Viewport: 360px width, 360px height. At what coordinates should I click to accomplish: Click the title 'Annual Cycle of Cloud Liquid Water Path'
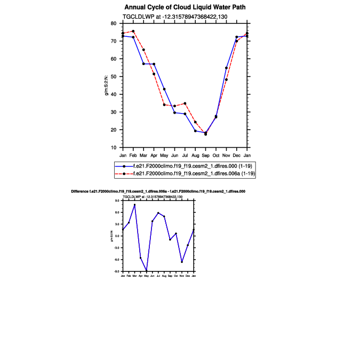[186, 7]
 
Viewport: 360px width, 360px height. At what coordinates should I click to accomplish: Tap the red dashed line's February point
[133, 31]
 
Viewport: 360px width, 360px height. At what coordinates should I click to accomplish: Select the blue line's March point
[143, 64]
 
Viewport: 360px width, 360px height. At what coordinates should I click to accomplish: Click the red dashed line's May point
[164, 105]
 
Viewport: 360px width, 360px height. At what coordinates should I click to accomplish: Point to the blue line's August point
[195, 131]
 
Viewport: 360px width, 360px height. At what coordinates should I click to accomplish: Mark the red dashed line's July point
[185, 103]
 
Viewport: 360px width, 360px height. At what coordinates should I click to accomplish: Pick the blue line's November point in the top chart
[227, 68]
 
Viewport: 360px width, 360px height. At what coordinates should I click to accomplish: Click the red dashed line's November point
[227, 79]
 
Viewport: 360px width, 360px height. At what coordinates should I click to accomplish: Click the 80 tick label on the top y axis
[113, 23]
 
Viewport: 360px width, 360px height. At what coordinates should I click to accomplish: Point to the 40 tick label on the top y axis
[113, 94]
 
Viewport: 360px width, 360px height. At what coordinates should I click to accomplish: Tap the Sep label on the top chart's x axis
[206, 155]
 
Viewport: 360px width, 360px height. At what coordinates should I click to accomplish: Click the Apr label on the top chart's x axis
[154, 155]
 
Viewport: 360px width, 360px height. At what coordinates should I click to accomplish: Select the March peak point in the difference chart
[134, 205]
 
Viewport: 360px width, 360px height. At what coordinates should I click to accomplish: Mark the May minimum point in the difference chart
[146, 271]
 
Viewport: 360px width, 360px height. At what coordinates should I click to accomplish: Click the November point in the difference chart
[182, 262]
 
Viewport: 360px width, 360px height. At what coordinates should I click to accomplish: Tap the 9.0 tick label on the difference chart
[117, 201]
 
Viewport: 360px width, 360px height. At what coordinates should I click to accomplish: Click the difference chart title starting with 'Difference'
[158, 191]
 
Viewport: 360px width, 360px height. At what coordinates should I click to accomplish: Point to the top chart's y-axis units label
[107, 85]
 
